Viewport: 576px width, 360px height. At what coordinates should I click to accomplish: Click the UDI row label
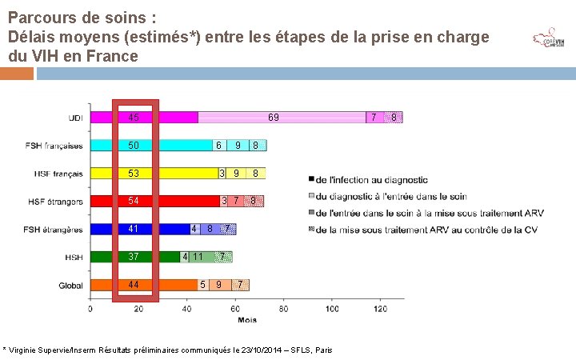point(74,118)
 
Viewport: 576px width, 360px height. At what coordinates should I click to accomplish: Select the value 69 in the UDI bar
point(274,118)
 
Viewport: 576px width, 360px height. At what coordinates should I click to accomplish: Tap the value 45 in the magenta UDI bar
point(134,118)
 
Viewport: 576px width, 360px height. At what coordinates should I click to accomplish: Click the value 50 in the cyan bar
point(134,146)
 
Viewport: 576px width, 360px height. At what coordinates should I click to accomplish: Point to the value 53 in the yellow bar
point(134,174)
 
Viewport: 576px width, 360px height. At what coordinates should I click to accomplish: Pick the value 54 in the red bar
point(134,201)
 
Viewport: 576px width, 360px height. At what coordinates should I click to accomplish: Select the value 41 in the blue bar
point(134,229)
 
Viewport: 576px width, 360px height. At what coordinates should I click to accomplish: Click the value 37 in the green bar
point(134,257)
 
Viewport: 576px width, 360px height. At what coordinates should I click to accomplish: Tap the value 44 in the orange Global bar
point(134,285)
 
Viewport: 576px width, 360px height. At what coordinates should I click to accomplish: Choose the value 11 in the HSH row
point(198,257)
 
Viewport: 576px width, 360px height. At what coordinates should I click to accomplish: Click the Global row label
point(70,286)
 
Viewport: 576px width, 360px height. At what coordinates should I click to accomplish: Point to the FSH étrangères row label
point(54,230)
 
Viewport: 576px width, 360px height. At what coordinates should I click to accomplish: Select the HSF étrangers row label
point(55,202)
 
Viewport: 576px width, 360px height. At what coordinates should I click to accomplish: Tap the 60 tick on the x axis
point(234,309)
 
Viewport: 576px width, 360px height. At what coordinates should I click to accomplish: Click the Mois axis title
point(246,319)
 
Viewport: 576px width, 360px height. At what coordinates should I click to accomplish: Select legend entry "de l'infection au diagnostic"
point(371,180)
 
